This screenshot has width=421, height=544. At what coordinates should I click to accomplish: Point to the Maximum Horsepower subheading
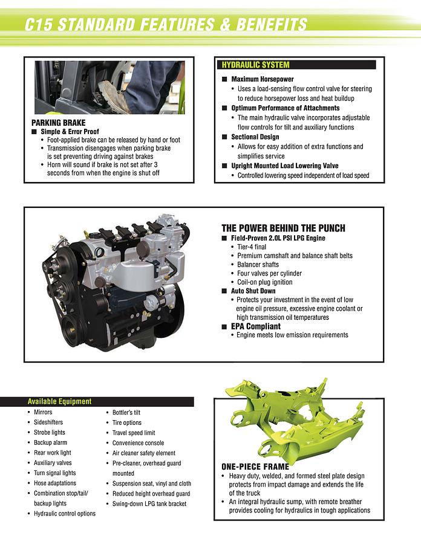click(x=263, y=79)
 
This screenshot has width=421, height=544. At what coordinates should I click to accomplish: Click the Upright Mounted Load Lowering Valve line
click(x=284, y=166)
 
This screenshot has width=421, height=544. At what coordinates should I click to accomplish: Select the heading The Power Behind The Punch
click(x=283, y=228)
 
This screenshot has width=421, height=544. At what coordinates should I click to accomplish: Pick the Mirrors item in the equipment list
click(x=43, y=412)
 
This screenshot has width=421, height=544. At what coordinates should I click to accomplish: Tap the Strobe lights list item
click(x=49, y=433)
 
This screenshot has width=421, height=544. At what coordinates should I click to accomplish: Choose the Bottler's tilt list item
click(x=126, y=412)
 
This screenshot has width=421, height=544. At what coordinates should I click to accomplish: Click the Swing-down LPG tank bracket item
click(x=149, y=504)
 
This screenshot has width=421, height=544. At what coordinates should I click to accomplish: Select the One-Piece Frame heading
click(x=255, y=467)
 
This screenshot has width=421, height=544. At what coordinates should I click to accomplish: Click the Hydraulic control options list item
click(x=64, y=514)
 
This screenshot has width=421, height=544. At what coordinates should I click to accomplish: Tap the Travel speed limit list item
click(x=134, y=433)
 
